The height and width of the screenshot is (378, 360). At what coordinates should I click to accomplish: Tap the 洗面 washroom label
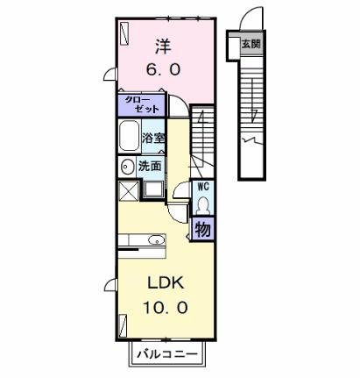(149, 166)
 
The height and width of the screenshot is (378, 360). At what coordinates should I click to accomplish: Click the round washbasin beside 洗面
(126, 166)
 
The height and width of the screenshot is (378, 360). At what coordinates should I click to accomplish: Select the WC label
(203, 188)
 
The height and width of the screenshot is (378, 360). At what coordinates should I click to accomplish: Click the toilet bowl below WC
(203, 205)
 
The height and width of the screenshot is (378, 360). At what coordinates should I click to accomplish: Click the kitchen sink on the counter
(156, 239)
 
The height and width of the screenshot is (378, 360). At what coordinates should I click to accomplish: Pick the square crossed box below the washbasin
(128, 189)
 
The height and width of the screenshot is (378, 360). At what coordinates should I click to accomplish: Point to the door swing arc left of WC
(180, 190)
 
